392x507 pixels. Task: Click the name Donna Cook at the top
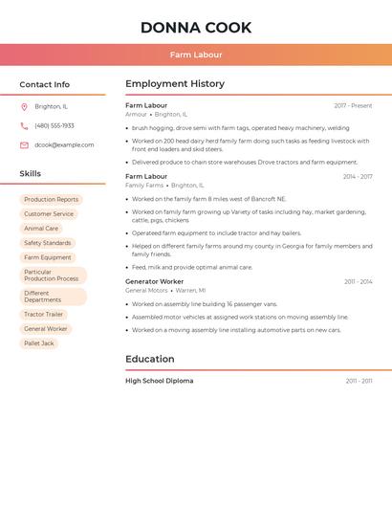(x=196, y=28)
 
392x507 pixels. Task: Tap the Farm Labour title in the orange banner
(x=196, y=55)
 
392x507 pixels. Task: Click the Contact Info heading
(x=45, y=84)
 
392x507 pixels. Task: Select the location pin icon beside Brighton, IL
(x=24, y=107)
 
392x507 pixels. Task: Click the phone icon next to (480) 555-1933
(x=24, y=126)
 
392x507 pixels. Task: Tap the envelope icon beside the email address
(x=24, y=145)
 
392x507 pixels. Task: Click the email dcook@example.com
(x=64, y=145)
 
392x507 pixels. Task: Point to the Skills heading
(x=31, y=174)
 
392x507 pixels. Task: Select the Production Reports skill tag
(x=52, y=200)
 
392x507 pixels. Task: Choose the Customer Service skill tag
(x=49, y=214)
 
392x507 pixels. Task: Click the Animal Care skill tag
(x=41, y=229)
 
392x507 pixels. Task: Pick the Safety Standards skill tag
(x=48, y=243)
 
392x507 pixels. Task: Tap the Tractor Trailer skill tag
(x=44, y=315)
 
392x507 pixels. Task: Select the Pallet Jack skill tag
(x=39, y=343)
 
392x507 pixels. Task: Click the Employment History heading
(x=175, y=84)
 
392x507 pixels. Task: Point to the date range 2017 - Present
(x=353, y=106)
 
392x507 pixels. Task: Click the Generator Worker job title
(x=154, y=282)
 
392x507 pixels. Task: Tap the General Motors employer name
(x=145, y=291)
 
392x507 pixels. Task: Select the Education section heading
(x=150, y=360)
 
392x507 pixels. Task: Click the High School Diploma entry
(x=159, y=381)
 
